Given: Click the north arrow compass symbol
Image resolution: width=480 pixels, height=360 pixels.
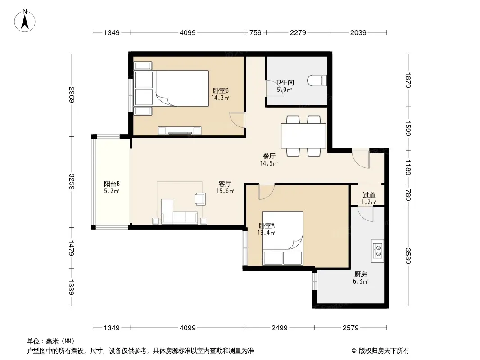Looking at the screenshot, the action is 25,21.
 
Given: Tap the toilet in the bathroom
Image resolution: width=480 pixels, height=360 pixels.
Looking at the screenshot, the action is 317,81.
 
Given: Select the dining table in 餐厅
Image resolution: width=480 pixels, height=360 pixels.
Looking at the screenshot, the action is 303,136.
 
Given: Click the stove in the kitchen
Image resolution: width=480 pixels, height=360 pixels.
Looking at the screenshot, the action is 377,251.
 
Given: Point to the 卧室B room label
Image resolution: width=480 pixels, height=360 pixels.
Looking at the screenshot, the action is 221,90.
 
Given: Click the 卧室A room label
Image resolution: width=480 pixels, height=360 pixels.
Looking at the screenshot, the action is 267,226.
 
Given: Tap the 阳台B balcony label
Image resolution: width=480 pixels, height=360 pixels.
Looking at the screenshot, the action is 111,184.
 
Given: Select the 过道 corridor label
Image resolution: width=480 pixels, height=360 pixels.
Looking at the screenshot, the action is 369,195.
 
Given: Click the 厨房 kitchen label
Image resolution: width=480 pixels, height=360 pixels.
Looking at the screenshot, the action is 361,274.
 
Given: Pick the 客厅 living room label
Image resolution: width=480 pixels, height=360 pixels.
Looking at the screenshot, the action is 225,184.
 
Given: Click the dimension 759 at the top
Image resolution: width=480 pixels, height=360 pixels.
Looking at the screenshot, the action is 255,32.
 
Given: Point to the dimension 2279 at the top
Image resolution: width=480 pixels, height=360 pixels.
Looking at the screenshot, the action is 298,32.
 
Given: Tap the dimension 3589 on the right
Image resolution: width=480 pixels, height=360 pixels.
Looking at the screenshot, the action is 408,256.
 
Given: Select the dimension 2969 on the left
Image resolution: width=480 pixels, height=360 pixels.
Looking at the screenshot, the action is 72,95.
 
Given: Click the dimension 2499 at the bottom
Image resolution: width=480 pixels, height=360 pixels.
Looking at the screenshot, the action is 280,328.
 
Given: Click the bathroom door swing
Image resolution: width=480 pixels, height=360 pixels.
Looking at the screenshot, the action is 274,89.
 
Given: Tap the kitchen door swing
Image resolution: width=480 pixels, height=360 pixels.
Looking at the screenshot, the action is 365,214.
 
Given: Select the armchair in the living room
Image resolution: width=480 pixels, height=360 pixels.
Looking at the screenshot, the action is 200,198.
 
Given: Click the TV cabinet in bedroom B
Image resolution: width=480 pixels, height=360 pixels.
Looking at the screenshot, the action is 180,130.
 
